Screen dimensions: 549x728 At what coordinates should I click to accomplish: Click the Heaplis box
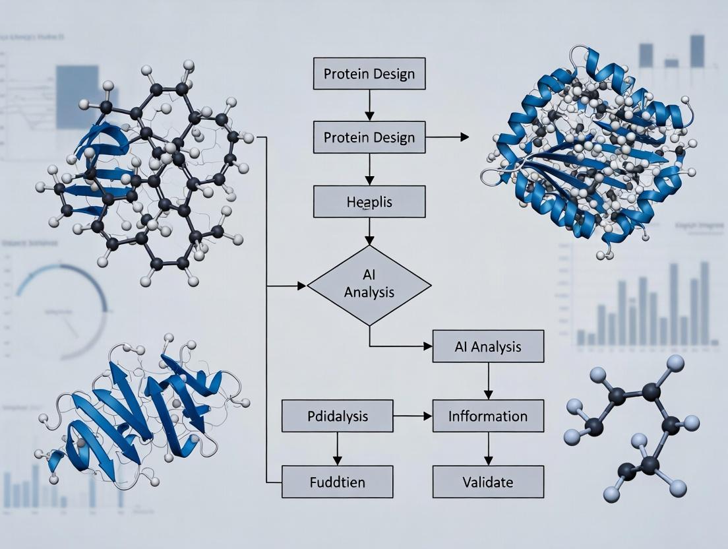pyautogui.click(x=369, y=202)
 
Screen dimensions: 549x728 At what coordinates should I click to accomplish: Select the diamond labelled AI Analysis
pyautogui.click(x=369, y=285)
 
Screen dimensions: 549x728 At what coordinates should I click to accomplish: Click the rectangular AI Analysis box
pyautogui.click(x=488, y=346)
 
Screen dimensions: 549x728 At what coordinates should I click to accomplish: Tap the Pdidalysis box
pyautogui.click(x=337, y=416)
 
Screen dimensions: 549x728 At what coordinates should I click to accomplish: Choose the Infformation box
pyautogui.click(x=488, y=416)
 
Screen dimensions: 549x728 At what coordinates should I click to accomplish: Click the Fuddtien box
pyautogui.click(x=337, y=482)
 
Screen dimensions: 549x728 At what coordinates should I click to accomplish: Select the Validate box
pyautogui.click(x=488, y=482)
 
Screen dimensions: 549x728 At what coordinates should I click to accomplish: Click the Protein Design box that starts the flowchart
pyautogui.click(x=369, y=74)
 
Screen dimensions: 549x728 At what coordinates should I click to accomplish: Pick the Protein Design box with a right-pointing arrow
pyautogui.click(x=369, y=137)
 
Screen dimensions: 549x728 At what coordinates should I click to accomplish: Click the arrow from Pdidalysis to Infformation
pyautogui.click(x=412, y=416)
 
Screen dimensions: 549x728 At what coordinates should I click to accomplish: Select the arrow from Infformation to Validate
pyautogui.click(x=488, y=449)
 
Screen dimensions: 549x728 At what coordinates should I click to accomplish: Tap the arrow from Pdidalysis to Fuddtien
pyautogui.click(x=337, y=449)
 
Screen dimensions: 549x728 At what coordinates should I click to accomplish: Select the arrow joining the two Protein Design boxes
pyautogui.click(x=369, y=106)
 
